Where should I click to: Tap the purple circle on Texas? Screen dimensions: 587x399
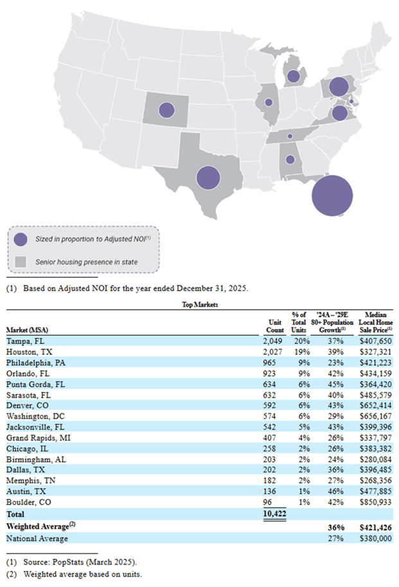[208, 177]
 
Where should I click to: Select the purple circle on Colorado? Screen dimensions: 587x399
[166, 109]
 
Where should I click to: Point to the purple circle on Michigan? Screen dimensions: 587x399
[294, 77]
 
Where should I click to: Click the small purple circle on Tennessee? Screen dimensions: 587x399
[290, 136]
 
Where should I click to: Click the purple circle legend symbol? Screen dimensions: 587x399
[21, 239]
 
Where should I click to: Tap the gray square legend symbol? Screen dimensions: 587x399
[21, 262]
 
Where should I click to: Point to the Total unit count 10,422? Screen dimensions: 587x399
[274, 514]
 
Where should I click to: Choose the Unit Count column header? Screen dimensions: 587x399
[275, 325]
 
